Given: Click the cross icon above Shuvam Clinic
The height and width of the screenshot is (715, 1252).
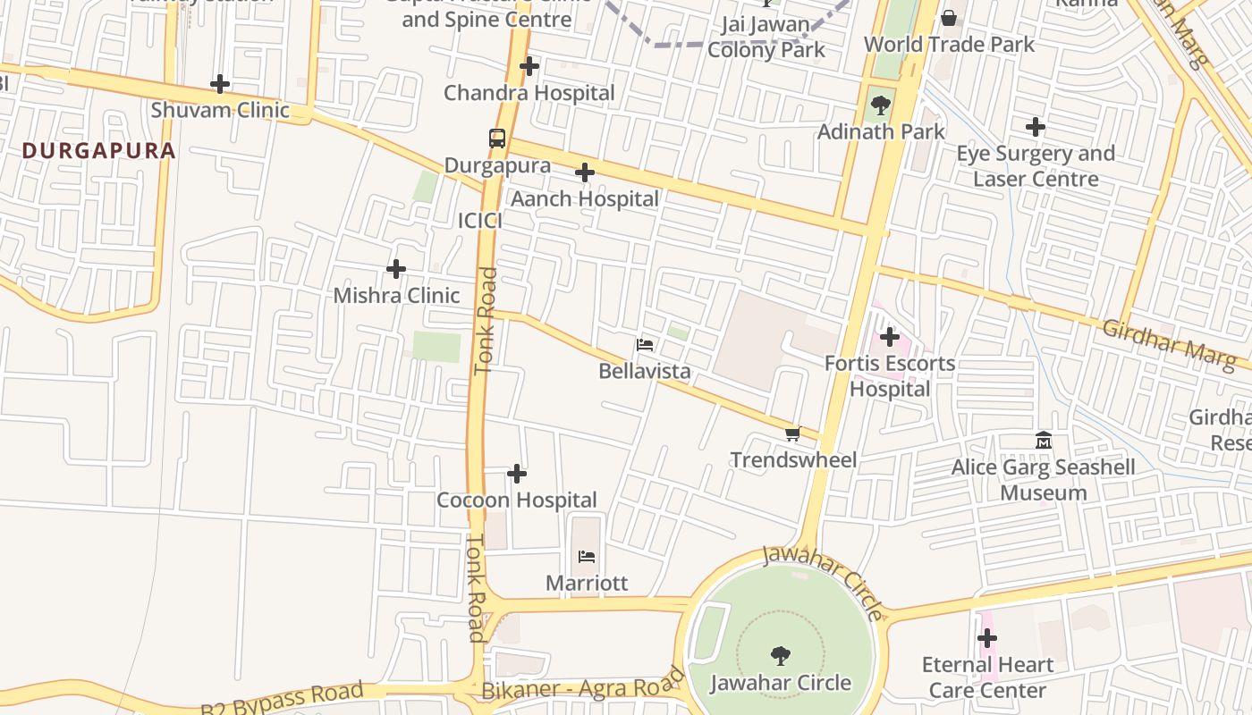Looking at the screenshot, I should (220, 85).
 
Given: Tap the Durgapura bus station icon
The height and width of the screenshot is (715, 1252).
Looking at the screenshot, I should (497, 139).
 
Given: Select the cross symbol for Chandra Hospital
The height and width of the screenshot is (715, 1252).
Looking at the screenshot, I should (529, 66).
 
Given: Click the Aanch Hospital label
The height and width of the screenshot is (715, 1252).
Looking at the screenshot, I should (585, 198).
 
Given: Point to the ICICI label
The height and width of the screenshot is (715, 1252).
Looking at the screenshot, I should (479, 221).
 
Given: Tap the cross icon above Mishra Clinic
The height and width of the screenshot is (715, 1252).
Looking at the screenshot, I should (396, 269).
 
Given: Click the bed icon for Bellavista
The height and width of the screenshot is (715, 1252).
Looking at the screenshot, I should (645, 344).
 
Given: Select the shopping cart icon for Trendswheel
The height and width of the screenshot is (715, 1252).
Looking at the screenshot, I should (792, 433).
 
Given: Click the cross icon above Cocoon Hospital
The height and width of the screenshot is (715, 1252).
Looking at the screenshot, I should (517, 474).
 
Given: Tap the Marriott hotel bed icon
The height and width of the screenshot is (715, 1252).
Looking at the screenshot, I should (587, 557).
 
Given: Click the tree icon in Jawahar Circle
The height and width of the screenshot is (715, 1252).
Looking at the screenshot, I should (781, 656).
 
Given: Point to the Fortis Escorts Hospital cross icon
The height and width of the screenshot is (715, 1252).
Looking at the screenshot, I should (890, 337).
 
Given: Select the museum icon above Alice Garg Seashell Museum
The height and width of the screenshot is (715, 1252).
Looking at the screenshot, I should (1043, 441).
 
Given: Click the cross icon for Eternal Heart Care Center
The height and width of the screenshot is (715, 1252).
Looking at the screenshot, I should (987, 638).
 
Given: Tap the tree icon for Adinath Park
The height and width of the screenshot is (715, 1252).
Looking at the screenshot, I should (881, 105).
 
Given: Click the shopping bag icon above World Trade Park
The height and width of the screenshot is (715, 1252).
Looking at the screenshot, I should (949, 18).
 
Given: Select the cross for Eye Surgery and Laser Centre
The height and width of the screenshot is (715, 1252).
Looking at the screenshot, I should (1036, 127).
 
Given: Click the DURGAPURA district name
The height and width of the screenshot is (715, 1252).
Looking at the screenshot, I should (99, 150).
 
